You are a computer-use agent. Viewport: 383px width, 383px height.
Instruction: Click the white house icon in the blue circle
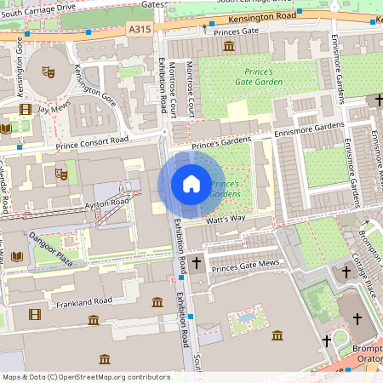(191, 184)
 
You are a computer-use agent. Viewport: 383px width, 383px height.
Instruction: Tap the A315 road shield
(140, 28)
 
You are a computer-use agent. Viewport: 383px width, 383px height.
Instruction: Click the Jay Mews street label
(53, 109)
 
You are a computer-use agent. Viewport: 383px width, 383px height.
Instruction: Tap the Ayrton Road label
(106, 203)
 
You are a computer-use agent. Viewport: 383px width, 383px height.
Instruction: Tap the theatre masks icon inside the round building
(49, 74)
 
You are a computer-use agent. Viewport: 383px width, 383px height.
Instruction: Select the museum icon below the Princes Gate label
(228, 45)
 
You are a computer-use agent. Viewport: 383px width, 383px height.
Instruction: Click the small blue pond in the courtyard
(247, 317)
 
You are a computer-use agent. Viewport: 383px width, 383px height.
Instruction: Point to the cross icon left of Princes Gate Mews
(197, 264)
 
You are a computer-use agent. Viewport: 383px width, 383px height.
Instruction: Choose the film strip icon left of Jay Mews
(25, 109)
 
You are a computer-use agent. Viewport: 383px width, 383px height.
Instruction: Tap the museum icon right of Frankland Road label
(157, 302)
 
